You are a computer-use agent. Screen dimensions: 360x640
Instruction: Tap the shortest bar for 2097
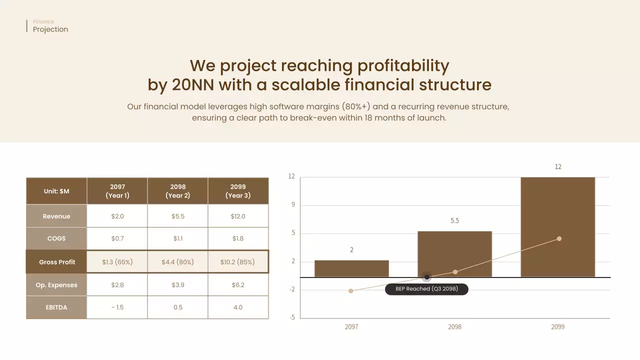tap(351, 268)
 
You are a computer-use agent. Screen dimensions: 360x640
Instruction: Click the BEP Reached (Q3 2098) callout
tap(426, 289)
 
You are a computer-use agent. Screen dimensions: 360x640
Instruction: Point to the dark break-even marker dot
tap(427, 277)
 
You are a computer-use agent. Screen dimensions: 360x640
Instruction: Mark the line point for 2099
tap(559, 238)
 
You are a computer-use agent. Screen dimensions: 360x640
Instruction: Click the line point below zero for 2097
tap(351, 290)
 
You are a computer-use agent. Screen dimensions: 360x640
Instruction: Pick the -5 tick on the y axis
tap(292, 317)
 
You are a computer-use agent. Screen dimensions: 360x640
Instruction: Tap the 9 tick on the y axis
tap(292, 205)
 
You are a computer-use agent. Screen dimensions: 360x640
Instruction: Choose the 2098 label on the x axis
tap(454, 326)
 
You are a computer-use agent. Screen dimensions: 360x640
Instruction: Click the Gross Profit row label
tap(57, 262)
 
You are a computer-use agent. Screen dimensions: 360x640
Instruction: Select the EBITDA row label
tap(56, 307)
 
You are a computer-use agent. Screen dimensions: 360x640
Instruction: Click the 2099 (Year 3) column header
tap(238, 191)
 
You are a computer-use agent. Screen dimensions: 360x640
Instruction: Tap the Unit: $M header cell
tap(56, 191)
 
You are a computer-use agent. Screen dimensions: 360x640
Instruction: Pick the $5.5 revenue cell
tap(177, 216)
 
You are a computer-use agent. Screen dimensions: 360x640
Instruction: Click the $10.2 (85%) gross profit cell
tap(237, 262)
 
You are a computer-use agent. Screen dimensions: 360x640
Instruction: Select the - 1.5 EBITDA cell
tap(117, 307)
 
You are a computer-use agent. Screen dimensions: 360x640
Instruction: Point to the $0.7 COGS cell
tap(117, 238)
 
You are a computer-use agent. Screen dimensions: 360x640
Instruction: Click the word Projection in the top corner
tap(50, 29)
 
